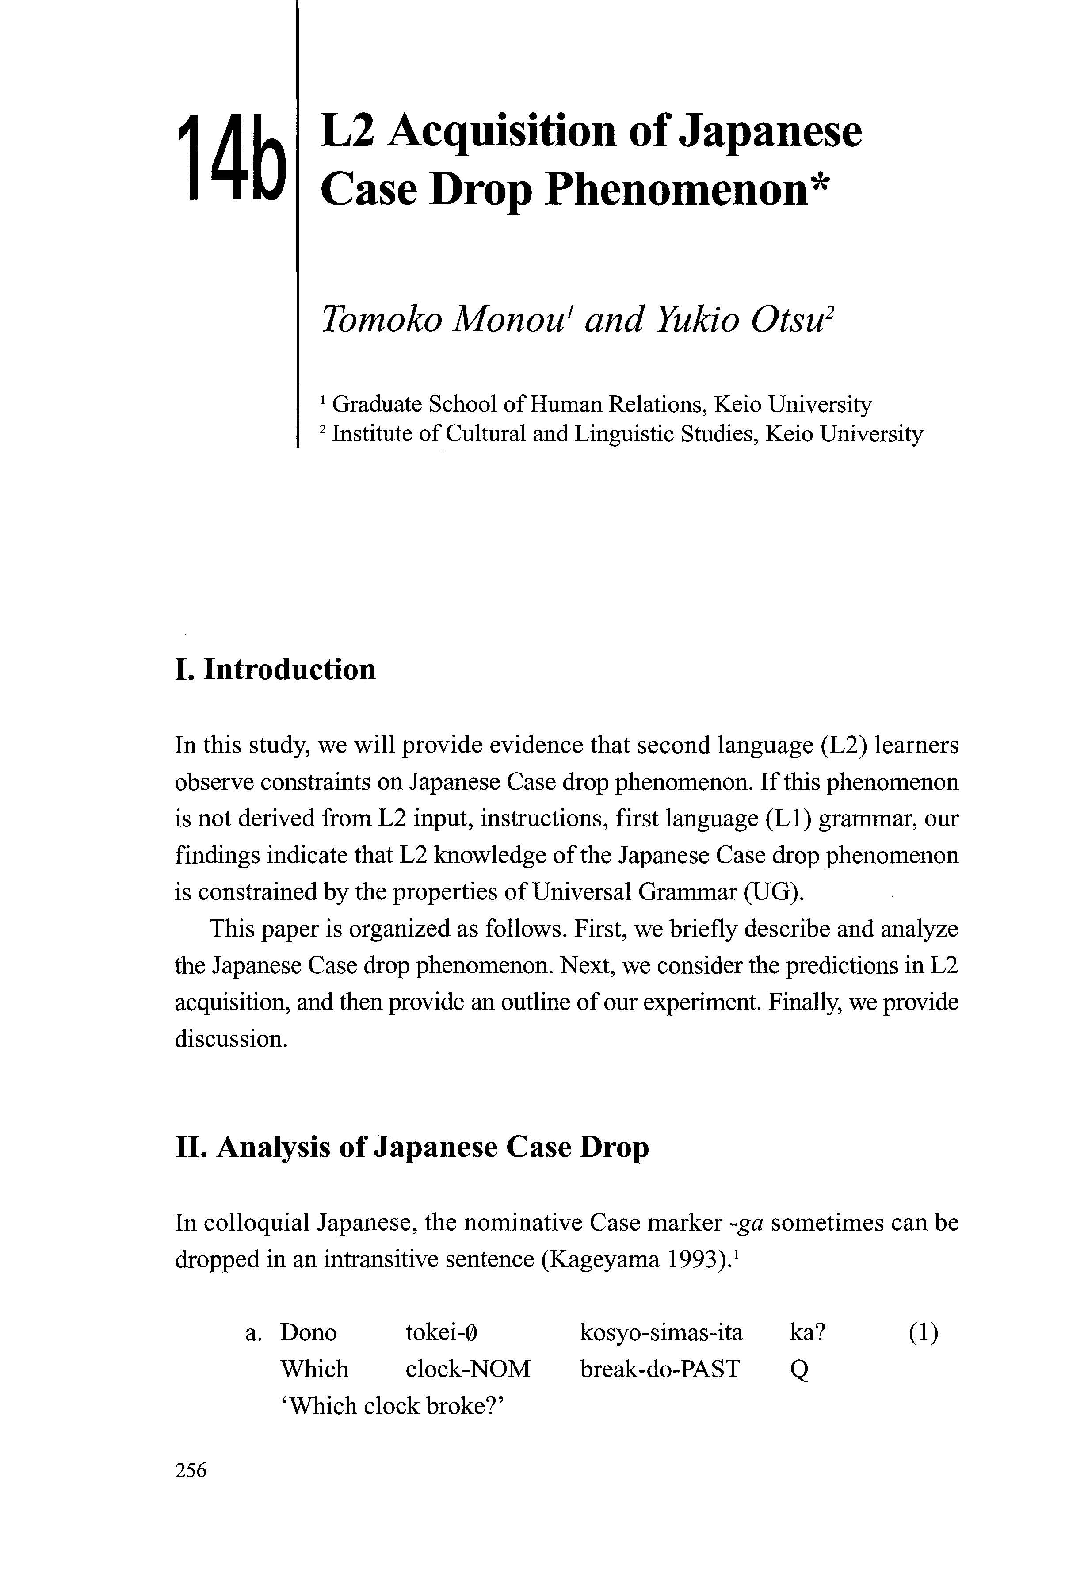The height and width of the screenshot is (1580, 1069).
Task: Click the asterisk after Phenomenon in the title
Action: click(819, 182)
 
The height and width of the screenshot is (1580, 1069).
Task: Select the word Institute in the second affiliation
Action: click(372, 434)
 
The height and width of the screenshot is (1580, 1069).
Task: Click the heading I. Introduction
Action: click(275, 669)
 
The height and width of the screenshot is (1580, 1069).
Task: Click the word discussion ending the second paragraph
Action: click(231, 1039)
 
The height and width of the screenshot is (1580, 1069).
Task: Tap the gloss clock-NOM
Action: click(468, 1369)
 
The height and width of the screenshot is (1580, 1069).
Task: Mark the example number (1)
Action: click(923, 1332)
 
